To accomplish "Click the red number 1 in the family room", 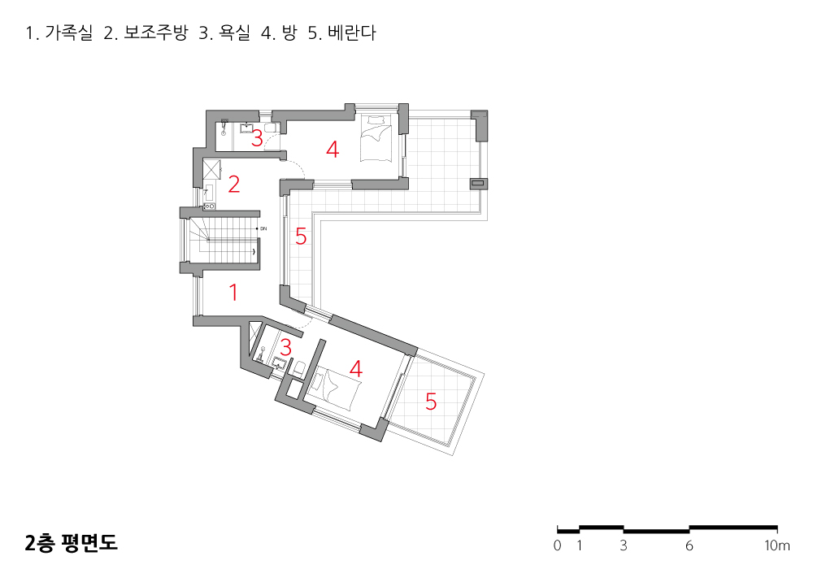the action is pos(234,293).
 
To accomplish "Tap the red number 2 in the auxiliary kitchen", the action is pos(234,185).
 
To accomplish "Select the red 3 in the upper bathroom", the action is pos(257,138).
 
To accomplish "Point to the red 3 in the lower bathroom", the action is pos(285,347).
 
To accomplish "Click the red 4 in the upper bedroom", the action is pos(332,150).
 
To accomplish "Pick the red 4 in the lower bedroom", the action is pos(355,368).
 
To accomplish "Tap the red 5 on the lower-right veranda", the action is pos(431,401).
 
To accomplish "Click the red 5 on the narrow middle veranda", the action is pos(301,237).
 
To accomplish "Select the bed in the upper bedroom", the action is pos(376,139).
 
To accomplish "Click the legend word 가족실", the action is pos(69,34).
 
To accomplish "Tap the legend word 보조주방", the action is pos(156,34).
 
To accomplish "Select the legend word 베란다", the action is pos(352,34).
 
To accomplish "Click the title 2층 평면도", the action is pos(72,543).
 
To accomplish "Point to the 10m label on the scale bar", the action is pos(777,545).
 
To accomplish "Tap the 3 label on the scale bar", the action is pos(624,545).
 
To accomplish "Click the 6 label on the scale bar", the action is pos(689,545).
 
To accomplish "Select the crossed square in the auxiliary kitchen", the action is pos(214,169).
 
